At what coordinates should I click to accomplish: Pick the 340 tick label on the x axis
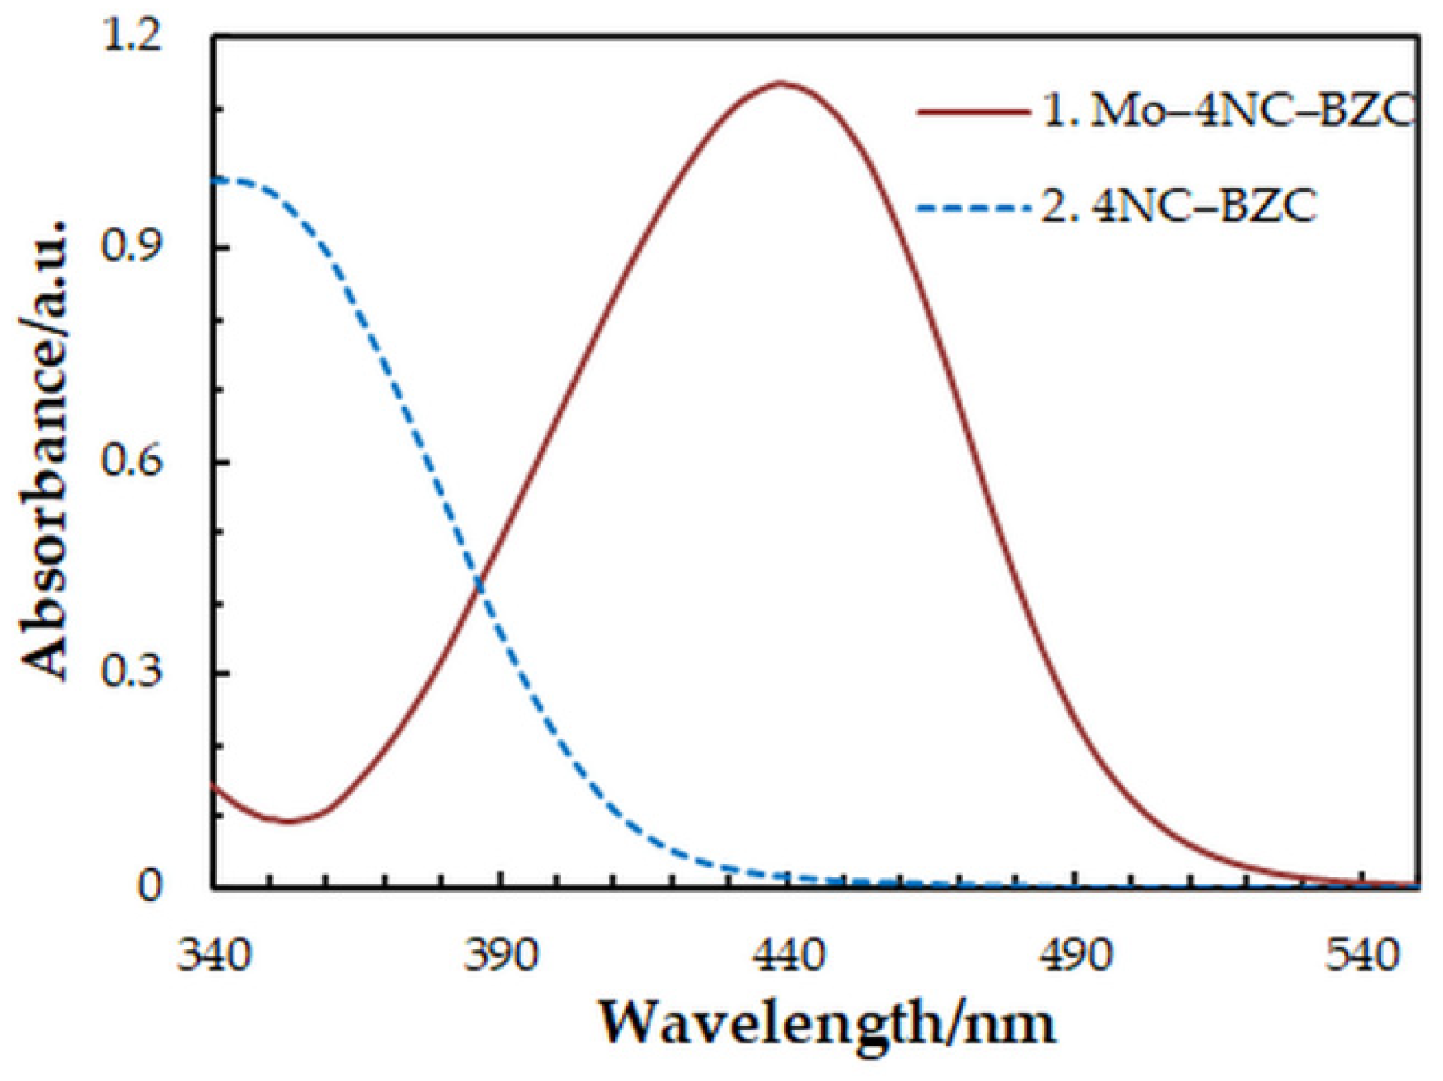(x=213, y=956)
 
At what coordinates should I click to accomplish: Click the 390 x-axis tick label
(x=501, y=956)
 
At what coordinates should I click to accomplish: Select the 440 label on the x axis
(x=788, y=956)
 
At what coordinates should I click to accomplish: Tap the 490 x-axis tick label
(x=1075, y=956)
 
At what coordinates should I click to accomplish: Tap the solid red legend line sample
(x=973, y=112)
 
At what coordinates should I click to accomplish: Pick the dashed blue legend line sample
(x=973, y=208)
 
